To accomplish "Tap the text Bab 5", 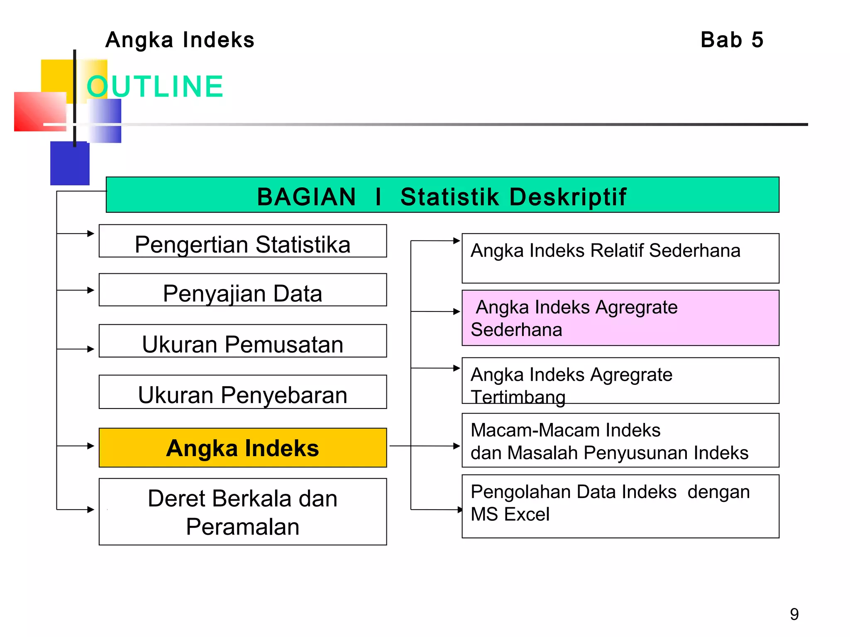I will [732, 40].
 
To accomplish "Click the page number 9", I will [794, 614].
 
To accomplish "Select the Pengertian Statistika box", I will [243, 242].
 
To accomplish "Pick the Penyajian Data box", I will [243, 290].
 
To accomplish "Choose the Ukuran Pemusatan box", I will [243, 341].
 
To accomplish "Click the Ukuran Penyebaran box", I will [243, 392].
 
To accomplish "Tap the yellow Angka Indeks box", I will [243, 448].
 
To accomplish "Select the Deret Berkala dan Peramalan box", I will [243, 512].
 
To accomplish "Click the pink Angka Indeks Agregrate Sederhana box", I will [620, 318].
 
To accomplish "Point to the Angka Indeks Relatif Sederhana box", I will [620, 258].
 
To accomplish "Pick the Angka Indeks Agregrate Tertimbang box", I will [620, 381].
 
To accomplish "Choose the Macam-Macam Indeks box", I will [620, 440].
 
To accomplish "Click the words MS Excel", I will [510, 515].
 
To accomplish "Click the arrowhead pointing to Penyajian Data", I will [91, 290].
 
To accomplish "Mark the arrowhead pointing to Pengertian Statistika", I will [91, 233].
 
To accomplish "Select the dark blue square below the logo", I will [69, 164].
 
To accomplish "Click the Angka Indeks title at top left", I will [180, 40].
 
